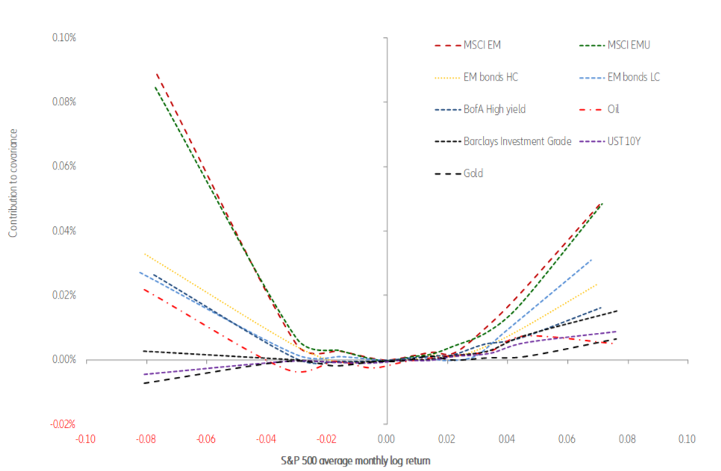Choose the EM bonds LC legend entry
coord(634,77)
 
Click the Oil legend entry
coord(613,109)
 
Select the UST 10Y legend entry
coord(625,141)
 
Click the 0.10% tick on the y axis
coord(65,37)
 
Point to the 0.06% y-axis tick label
coord(65,166)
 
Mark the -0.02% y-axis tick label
coord(63,424)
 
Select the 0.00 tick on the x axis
coord(387,439)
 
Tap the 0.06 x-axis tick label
coord(566,439)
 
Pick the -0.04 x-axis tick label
coord(266,439)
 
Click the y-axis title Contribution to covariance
coord(13,183)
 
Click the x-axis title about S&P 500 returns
coord(365,461)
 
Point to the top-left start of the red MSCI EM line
coord(157,74)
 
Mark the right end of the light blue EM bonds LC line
coord(592,259)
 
